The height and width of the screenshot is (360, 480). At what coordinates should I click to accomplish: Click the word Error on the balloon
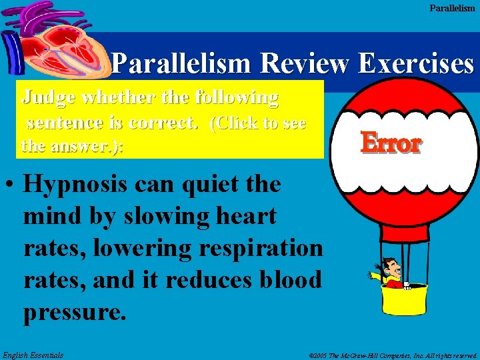[x=391, y=143]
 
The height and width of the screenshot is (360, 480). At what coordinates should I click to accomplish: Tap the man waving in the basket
[x=391, y=272]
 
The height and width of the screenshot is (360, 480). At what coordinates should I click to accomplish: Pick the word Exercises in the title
[x=415, y=63]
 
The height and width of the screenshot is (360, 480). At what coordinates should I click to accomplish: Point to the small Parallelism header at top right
[x=452, y=8]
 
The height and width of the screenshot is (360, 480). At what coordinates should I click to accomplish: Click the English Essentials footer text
[x=33, y=355]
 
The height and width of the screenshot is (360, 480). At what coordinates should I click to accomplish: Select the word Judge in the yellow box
[x=49, y=97]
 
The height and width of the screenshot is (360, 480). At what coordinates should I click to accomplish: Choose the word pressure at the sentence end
[x=73, y=311]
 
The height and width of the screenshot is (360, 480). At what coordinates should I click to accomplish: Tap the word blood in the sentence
[x=291, y=279]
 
